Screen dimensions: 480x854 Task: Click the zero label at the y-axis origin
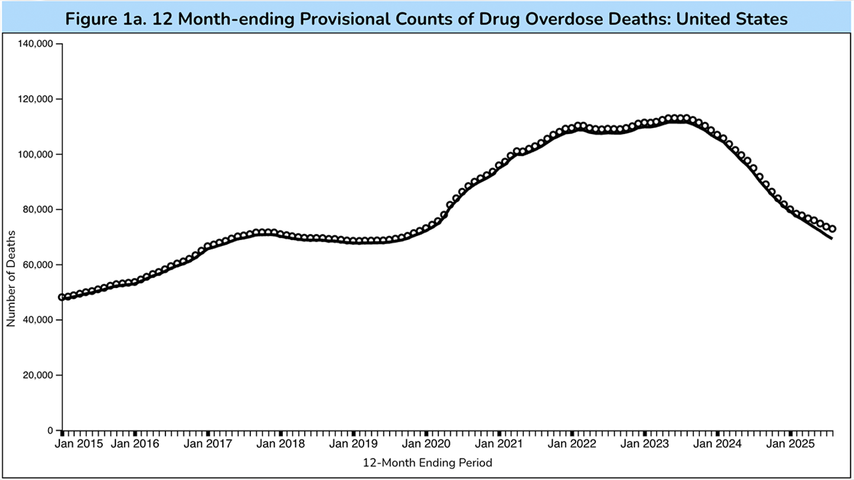(x=51, y=431)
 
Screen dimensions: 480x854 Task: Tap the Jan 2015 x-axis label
(x=79, y=443)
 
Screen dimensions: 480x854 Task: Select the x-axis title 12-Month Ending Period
(x=427, y=462)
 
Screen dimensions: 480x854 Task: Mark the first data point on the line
(x=62, y=297)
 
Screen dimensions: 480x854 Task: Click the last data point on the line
(x=833, y=229)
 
